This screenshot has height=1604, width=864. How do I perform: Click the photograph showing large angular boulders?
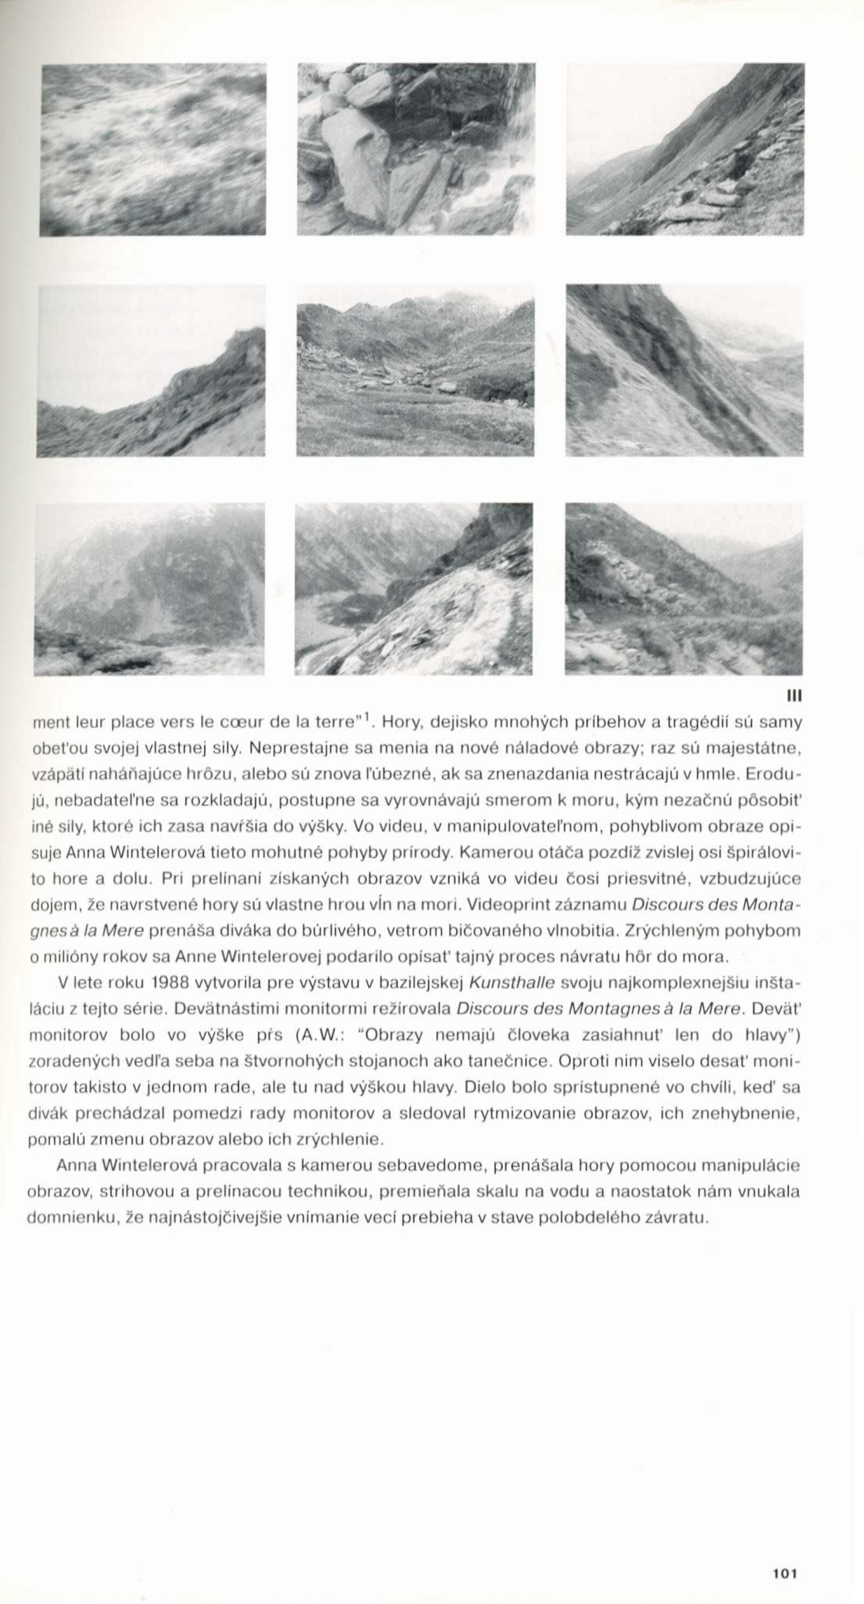coord(416,150)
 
